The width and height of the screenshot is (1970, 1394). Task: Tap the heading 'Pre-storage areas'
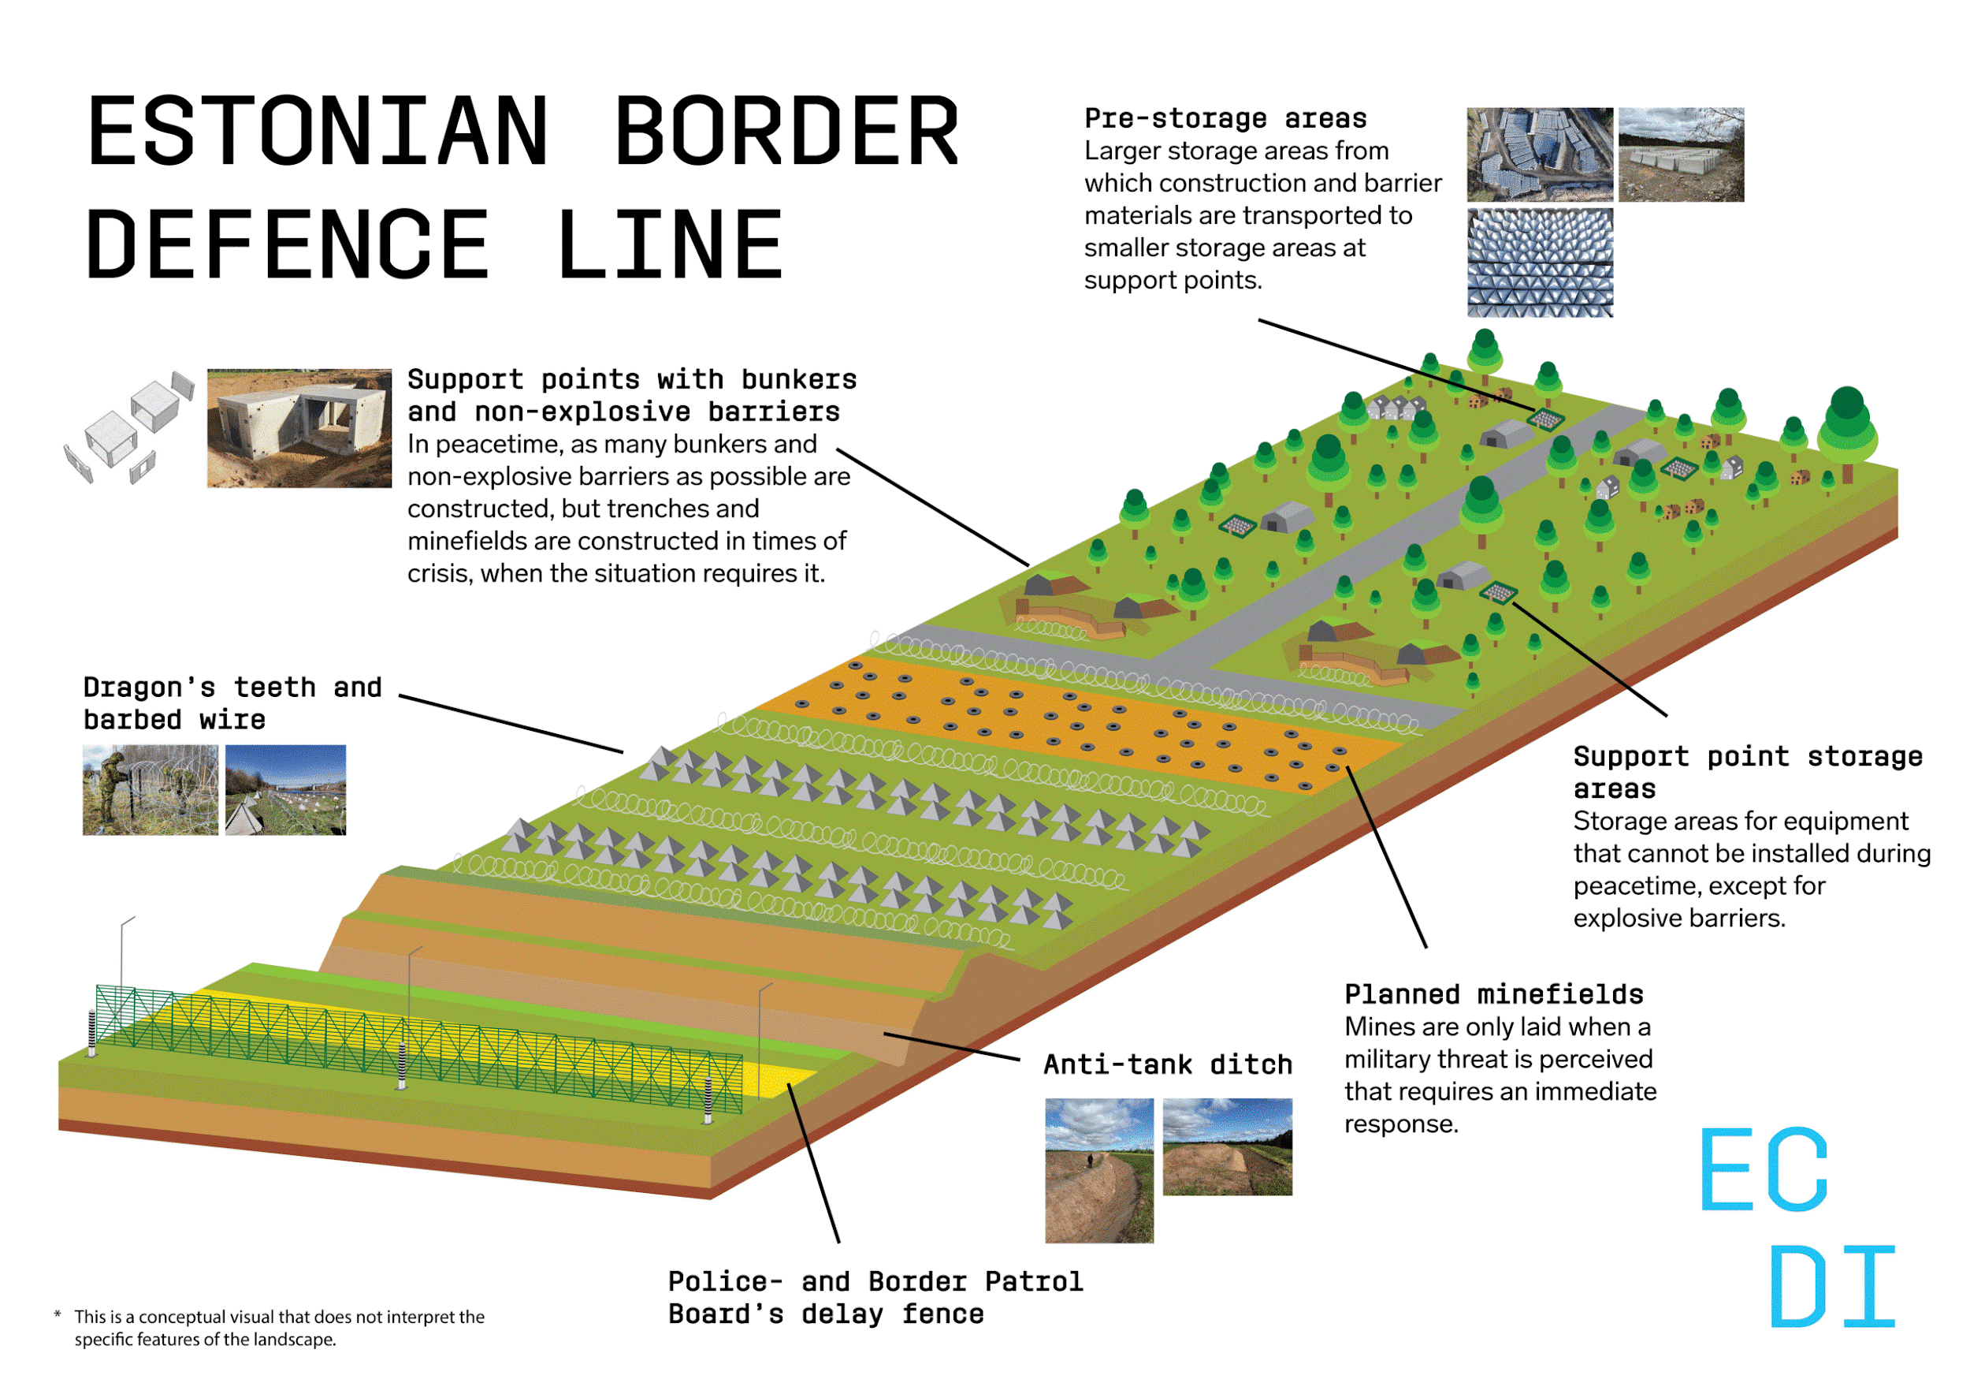[x=1225, y=118]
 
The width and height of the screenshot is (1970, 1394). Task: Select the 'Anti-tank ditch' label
[x=1167, y=1065]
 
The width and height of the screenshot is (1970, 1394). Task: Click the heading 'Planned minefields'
[x=1493, y=995]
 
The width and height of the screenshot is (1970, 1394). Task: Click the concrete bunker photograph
[x=299, y=428]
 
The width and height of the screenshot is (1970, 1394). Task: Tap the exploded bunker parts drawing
[x=128, y=427]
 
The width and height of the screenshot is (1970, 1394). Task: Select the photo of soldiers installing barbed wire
[x=151, y=790]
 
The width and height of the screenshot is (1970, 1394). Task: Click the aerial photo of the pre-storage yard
[x=1539, y=155]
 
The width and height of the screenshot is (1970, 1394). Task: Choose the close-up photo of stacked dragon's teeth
[x=1539, y=263]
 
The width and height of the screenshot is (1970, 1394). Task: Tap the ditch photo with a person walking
[x=1098, y=1170]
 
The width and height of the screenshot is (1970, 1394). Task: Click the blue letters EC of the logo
[x=1764, y=1170]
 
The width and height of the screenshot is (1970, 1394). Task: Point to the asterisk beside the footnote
[x=58, y=1315]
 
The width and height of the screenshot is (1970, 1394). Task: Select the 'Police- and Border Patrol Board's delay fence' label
[x=875, y=1298]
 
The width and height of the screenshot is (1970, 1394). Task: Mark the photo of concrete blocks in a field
[x=1681, y=155]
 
